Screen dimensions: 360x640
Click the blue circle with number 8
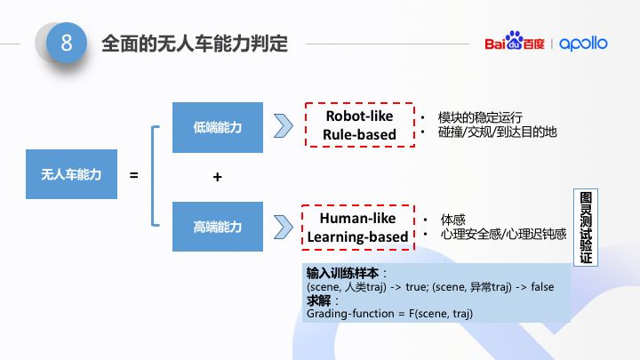coord(66,43)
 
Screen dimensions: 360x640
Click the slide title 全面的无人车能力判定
coord(195,44)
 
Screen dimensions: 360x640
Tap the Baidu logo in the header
coord(515,44)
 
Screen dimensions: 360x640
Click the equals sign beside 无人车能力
coord(134,175)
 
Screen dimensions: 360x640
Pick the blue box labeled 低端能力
coord(217,127)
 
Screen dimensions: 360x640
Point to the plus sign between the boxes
coord(217,177)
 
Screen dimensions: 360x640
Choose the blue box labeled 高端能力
coord(217,227)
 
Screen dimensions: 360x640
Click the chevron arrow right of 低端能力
coord(284,125)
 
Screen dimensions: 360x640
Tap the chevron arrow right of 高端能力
coord(284,226)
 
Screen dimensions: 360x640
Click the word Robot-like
coord(359,116)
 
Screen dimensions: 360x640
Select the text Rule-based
coord(359,135)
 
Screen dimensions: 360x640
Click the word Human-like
coord(357,218)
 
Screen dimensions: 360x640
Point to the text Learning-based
coord(357,236)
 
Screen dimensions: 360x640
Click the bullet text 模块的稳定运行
coord(480,117)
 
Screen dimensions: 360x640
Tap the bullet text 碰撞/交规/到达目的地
coord(497,132)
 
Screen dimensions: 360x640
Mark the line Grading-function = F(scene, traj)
coord(390,314)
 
